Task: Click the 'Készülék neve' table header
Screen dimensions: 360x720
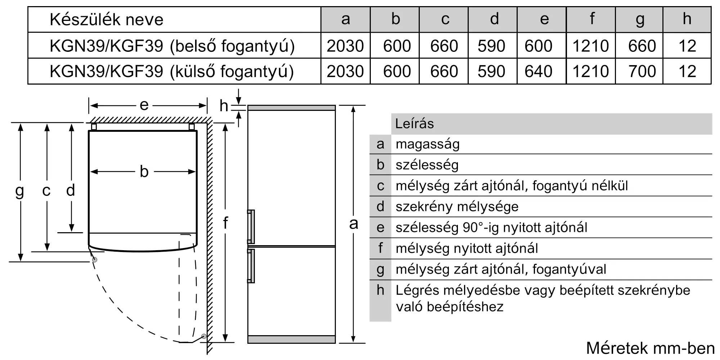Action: [x=107, y=19]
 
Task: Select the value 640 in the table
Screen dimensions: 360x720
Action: [x=539, y=71]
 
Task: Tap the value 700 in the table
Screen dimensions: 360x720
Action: [x=642, y=71]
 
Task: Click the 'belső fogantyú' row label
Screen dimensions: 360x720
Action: [x=172, y=46]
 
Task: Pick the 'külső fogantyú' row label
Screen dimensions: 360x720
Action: [x=172, y=71]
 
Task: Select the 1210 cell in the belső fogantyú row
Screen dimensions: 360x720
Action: [x=591, y=46]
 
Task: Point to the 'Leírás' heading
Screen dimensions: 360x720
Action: [x=414, y=124]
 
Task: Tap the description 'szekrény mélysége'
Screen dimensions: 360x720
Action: [x=457, y=207]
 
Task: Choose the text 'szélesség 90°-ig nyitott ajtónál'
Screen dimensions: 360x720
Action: [x=491, y=228]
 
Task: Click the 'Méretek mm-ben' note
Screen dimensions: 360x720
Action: [x=650, y=348]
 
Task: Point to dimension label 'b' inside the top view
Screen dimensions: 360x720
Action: [x=144, y=172]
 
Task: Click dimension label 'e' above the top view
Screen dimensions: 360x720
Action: [x=144, y=105]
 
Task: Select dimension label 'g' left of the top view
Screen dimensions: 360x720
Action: [x=20, y=191]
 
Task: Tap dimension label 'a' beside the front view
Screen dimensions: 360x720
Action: [x=354, y=224]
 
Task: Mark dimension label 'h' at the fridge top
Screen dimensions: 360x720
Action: [x=224, y=106]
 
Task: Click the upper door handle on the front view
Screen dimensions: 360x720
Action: [x=251, y=226]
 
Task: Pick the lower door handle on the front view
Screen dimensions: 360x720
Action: [x=251, y=266]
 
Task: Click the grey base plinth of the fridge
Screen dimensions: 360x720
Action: [x=291, y=339]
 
